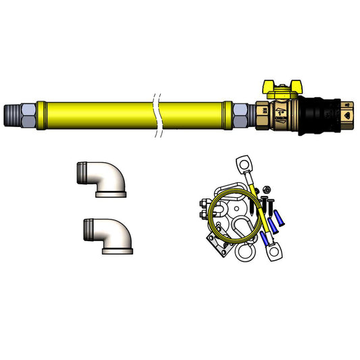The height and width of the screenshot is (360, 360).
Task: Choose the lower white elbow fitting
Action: click(x=108, y=236)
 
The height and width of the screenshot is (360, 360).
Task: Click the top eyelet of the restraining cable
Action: click(x=245, y=165)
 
